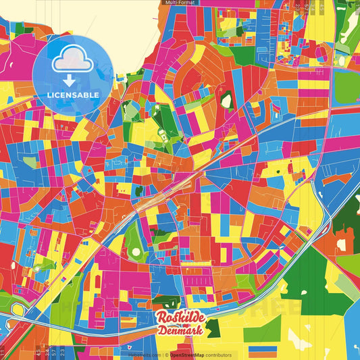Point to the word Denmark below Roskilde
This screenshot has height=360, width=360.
coord(181,331)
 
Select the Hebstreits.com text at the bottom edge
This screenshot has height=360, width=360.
coord(144,355)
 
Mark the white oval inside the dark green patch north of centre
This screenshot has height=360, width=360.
coord(226,101)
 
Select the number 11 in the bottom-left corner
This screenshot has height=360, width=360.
coord(3,353)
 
